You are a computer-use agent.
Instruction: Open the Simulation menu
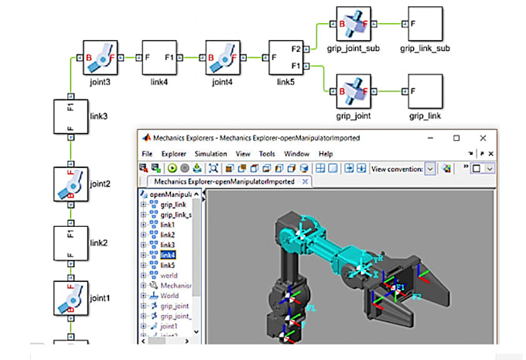pyautogui.click(x=210, y=154)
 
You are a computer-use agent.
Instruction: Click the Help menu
pyautogui.click(x=326, y=154)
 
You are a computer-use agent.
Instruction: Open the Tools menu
pyautogui.click(x=267, y=154)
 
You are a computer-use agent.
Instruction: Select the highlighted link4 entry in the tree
pyautogui.click(x=168, y=255)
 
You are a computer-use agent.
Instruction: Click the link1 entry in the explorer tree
pyautogui.click(x=168, y=225)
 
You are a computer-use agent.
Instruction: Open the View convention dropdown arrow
pyautogui.click(x=430, y=168)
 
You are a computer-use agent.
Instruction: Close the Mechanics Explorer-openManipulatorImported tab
pyautogui.click(x=305, y=182)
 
